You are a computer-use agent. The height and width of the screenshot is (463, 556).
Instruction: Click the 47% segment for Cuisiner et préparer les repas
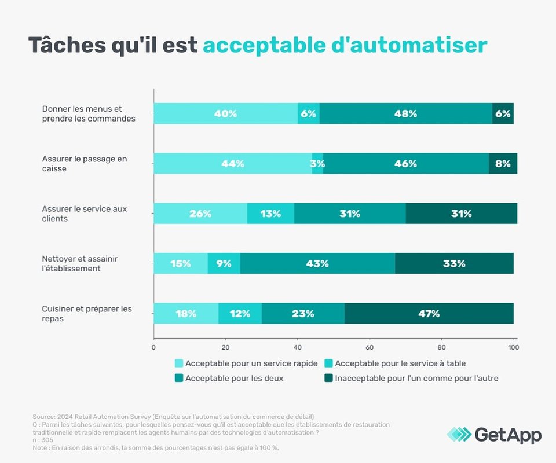click(x=429, y=314)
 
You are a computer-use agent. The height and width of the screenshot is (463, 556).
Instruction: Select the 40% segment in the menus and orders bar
click(x=225, y=114)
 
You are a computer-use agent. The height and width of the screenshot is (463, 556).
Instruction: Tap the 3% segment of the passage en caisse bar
click(x=317, y=164)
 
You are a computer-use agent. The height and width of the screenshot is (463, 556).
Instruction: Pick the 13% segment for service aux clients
click(x=270, y=214)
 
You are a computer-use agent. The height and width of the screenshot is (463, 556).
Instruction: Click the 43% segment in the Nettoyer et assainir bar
click(x=317, y=264)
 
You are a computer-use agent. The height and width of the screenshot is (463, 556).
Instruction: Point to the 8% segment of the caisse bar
click(x=503, y=164)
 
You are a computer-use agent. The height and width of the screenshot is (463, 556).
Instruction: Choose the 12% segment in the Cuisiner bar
click(x=240, y=314)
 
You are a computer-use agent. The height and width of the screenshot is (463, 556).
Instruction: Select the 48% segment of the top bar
click(x=405, y=114)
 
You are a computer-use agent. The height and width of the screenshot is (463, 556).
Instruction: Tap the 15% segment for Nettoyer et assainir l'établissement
click(x=180, y=264)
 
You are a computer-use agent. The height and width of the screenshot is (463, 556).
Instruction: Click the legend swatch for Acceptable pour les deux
click(x=180, y=379)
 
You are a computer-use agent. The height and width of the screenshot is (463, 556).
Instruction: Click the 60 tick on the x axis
click(x=370, y=347)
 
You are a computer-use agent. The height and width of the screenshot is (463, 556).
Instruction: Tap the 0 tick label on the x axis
click(x=153, y=347)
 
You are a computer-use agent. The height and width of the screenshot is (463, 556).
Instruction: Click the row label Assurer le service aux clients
click(x=85, y=214)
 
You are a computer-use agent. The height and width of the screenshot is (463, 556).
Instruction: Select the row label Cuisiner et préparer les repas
click(x=87, y=314)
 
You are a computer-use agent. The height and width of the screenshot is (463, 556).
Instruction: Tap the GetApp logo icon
click(x=459, y=435)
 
